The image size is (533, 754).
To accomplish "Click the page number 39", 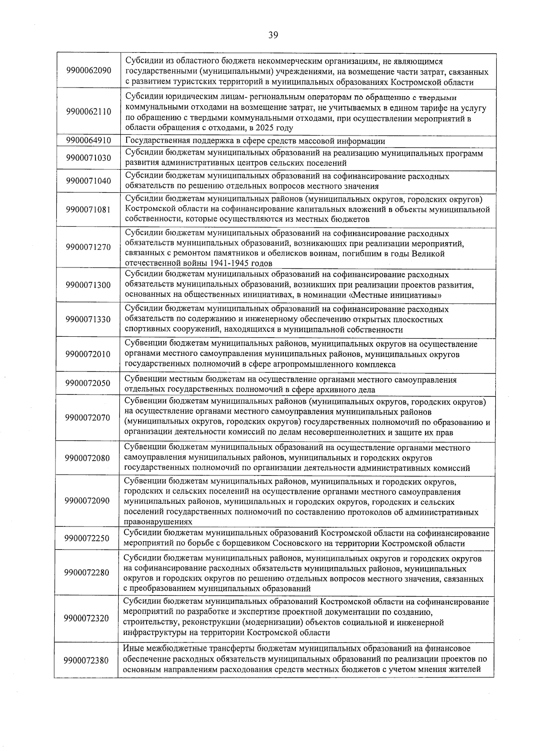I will [273, 36].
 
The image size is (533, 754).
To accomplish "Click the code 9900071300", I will [88, 285].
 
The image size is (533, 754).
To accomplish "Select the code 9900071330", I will [88, 319].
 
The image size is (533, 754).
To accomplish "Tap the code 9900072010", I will [88, 354].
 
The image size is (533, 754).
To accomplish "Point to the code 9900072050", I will [88, 383].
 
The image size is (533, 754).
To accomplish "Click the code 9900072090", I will [87, 501].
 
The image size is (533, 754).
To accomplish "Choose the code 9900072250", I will [87, 539].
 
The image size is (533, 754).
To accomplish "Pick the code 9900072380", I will [87, 660].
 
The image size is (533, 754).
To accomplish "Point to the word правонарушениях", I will [158, 522].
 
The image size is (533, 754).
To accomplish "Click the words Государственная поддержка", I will [170, 141].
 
